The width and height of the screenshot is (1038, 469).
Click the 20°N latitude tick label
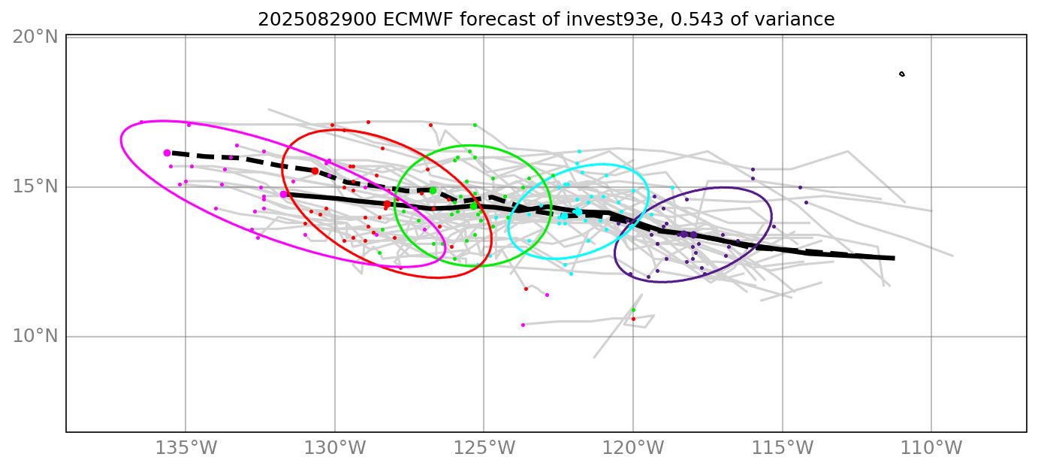coord(35,36)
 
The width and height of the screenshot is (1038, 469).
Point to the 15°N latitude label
coord(35,186)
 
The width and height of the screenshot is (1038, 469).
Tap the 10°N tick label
coord(35,336)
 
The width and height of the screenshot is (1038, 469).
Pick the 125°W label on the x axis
coord(484,449)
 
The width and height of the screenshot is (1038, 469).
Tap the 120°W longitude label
coord(633,449)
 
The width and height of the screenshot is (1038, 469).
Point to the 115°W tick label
coord(783,449)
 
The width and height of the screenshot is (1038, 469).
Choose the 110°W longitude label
coord(932,449)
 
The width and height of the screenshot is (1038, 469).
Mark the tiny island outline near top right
coord(901,74)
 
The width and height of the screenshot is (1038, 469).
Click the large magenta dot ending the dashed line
coord(167,153)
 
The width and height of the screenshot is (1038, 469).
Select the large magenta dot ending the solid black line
coord(283,195)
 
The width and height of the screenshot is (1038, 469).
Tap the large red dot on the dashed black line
coord(315,171)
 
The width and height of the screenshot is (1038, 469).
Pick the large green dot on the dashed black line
coord(433,190)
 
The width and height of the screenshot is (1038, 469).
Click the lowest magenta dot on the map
coord(523,325)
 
